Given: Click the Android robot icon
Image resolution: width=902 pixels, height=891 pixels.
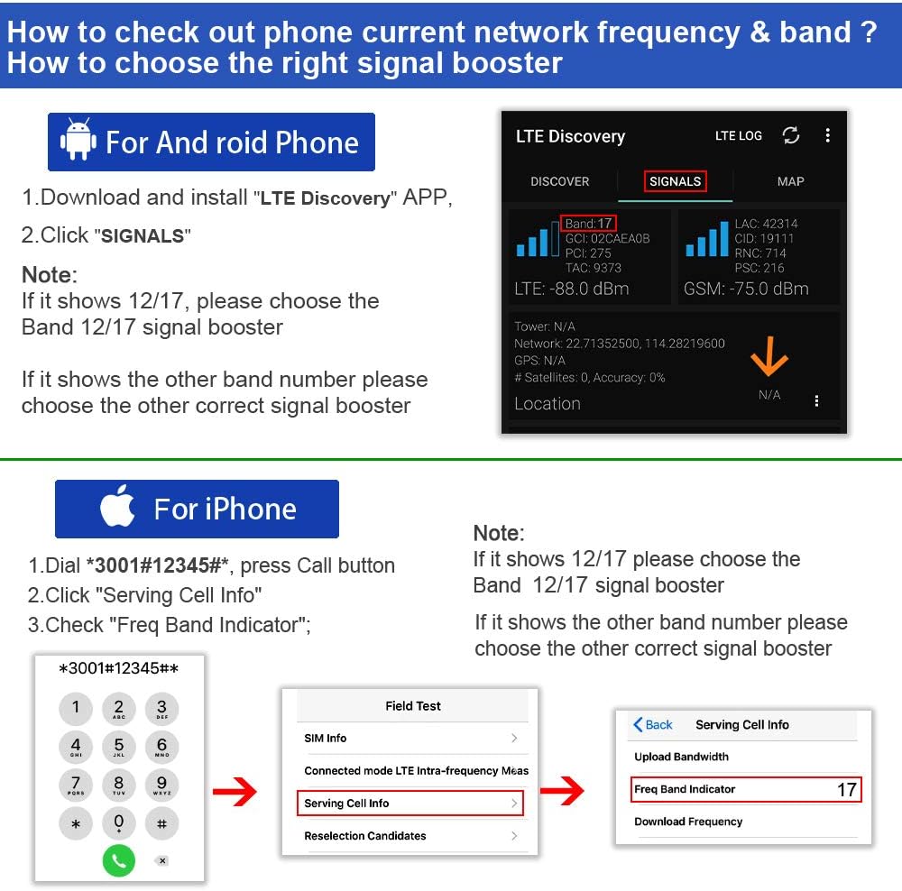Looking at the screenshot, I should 78,142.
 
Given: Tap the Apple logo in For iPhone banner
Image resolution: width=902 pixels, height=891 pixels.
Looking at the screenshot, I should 117,509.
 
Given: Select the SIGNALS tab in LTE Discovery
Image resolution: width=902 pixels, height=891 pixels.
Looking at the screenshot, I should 675,181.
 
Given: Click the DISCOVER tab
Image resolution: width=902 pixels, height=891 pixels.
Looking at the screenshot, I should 559,181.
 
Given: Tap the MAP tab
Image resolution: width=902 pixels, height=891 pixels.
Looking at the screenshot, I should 790,181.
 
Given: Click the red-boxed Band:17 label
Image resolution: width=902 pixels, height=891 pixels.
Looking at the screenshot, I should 588,223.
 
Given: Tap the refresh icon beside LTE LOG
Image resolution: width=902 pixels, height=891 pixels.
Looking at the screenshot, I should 791,135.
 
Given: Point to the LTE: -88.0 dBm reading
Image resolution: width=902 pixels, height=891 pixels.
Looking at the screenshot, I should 571,289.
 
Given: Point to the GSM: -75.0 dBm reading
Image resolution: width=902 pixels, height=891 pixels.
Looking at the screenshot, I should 746,289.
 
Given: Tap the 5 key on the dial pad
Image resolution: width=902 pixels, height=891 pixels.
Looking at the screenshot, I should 119,747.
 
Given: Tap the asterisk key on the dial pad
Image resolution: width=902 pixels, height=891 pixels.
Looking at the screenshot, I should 76,824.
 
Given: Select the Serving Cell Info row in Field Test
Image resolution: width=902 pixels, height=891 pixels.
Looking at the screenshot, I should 411,803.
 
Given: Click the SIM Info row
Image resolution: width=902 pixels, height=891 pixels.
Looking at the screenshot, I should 411,738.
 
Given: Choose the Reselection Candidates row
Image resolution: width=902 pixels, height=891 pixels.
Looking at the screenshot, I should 411,836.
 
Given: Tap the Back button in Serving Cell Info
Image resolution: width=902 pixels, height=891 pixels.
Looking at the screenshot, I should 653,724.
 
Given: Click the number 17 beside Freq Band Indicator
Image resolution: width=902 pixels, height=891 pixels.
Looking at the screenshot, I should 846,790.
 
